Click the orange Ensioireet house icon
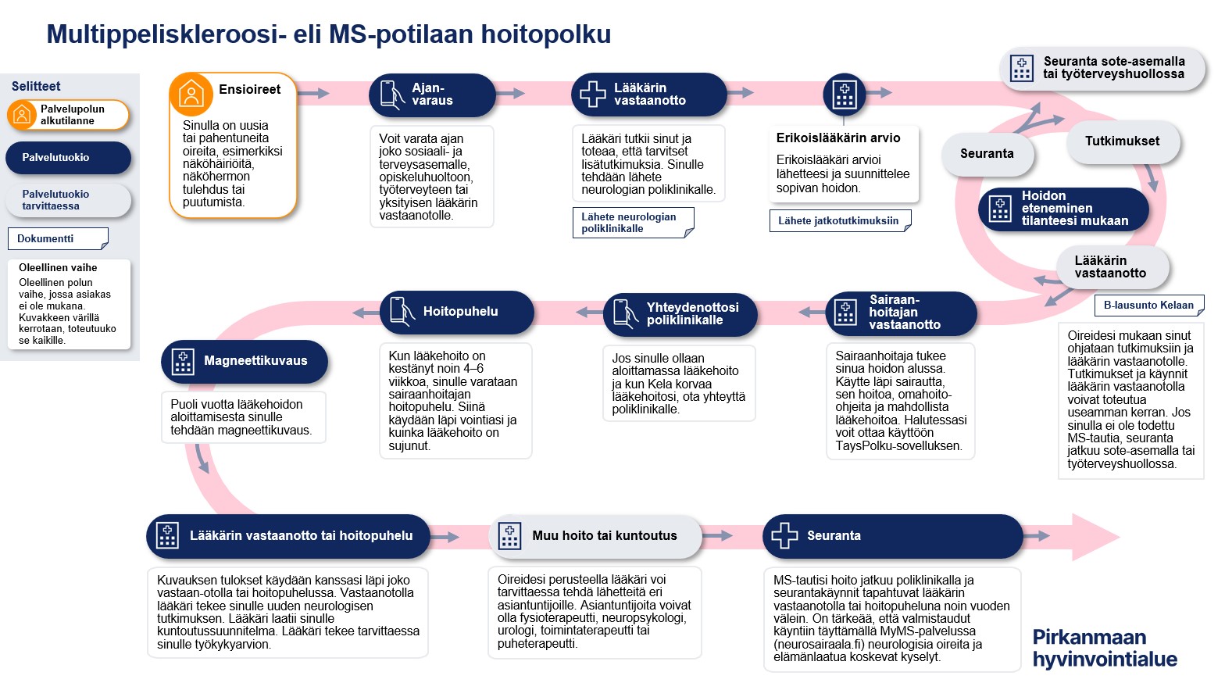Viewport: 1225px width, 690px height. (191, 95)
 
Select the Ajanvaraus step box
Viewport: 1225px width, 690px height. (432, 95)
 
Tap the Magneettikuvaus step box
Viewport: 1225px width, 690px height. (245, 361)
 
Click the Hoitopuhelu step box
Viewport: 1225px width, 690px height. (457, 312)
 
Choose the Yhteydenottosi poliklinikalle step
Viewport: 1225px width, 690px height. (680, 314)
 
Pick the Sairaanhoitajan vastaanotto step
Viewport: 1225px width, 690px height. (901, 313)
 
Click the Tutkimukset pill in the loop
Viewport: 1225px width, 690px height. (1122, 141)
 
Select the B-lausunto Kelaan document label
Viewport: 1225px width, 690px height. (1148, 306)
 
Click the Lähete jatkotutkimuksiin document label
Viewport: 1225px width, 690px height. (839, 221)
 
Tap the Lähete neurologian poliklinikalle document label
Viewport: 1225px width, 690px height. (632, 223)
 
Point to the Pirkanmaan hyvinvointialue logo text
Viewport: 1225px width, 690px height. (1104, 649)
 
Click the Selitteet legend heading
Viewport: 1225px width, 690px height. (36, 87)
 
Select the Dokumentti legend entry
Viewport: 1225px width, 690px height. (57, 238)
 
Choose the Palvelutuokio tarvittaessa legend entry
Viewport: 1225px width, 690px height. (68, 200)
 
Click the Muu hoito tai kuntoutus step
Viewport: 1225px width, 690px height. (595, 536)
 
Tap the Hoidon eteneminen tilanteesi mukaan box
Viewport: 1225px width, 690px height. (1063, 209)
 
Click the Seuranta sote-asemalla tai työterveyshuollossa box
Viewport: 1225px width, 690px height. (1102, 68)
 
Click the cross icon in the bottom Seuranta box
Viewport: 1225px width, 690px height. (784, 535)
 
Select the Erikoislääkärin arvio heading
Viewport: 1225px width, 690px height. (838, 138)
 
